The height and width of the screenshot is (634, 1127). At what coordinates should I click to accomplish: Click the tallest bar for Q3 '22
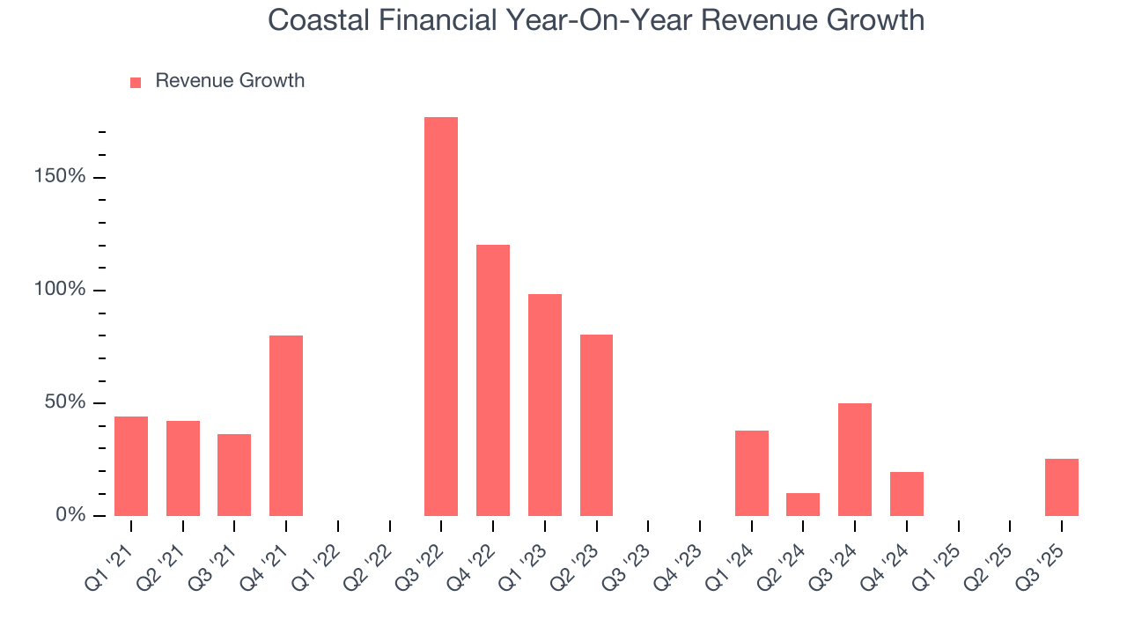(x=441, y=316)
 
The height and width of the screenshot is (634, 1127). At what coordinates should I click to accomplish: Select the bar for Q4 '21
(x=286, y=425)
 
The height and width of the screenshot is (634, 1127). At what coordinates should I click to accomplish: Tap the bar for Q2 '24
(x=803, y=505)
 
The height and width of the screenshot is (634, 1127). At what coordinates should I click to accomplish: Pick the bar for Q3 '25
(x=1062, y=487)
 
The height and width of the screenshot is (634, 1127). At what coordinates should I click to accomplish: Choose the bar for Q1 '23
(x=545, y=405)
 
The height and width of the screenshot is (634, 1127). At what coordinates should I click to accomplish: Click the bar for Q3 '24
(x=855, y=460)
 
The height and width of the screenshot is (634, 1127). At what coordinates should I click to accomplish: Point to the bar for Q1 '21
(x=131, y=466)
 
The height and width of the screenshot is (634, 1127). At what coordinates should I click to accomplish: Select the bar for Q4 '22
(x=493, y=380)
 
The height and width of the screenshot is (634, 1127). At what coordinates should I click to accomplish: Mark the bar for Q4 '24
(x=907, y=494)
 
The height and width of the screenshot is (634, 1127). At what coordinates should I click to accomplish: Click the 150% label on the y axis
(x=61, y=176)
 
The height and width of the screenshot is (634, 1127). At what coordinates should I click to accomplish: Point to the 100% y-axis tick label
(x=61, y=290)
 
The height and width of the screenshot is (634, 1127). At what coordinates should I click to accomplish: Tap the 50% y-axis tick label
(x=66, y=402)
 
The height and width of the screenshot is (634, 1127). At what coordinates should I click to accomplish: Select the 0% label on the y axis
(x=71, y=514)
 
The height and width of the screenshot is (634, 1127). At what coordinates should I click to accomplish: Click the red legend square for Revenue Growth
(x=136, y=82)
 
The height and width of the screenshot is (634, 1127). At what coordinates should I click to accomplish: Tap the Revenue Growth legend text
(x=230, y=81)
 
